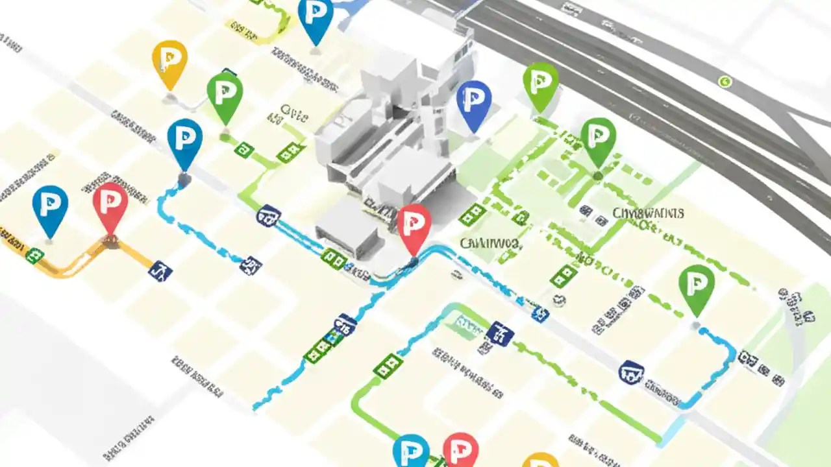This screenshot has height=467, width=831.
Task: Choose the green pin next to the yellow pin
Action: (225, 95)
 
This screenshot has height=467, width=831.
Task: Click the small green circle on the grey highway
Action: (725, 82)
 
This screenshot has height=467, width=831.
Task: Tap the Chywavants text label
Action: (648, 213)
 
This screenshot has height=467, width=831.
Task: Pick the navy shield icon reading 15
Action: (345, 322)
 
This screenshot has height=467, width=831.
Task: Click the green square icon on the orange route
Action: (34, 255)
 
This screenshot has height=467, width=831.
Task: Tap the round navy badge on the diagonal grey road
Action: (631, 372)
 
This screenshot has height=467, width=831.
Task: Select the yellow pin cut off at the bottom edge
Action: (540, 461)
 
